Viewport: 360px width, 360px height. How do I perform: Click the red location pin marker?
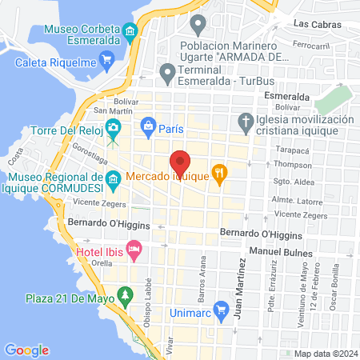pyautogui.click(x=181, y=162)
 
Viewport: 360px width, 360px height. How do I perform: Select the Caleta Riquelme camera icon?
pyautogui.click(x=106, y=61)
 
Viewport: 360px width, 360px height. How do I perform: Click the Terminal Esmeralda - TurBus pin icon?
pyautogui.click(x=167, y=74)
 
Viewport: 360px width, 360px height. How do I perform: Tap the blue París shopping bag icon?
pyautogui.click(x=148, y=126)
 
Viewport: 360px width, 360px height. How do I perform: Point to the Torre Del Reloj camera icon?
pyautogui.click(x=114, y=128)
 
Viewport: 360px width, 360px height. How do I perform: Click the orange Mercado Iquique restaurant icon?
pyautogui.click(x=219, y=173)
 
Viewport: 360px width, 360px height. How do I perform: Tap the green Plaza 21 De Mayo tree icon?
pyautogui.click(x=125, y=298)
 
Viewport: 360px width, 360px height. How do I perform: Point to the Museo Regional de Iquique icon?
pyautogui.click(x=113, y=183)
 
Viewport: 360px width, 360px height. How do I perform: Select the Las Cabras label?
pyautogui.click(x=312, y=25)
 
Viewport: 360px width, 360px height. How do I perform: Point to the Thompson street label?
pyautogui.click(x=291, y=163)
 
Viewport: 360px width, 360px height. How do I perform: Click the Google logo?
pyautogui.click(x=26, y=350)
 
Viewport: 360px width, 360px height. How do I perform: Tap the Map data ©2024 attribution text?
pyautogui.click(x=325, y=354)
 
